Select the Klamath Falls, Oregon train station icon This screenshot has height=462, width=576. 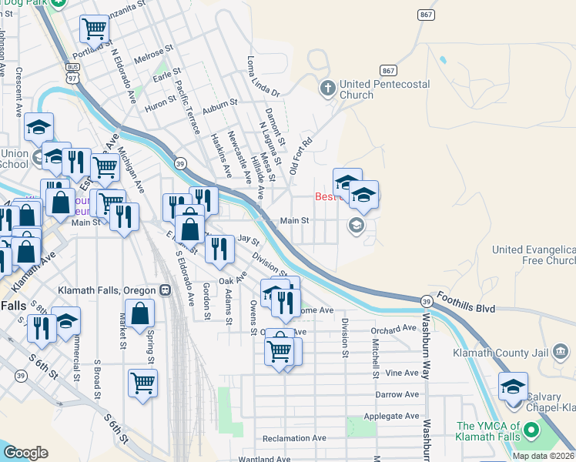point(165,290)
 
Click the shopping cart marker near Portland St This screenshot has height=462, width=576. point(94,29)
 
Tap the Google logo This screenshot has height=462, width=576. point(25,453)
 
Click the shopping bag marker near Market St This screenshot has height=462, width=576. point(140,314)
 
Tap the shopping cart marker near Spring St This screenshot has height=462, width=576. point(143,383)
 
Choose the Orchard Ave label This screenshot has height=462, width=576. point(393,330)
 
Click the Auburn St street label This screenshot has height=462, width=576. point(218,110)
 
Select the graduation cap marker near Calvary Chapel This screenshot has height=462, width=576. point(512,387)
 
